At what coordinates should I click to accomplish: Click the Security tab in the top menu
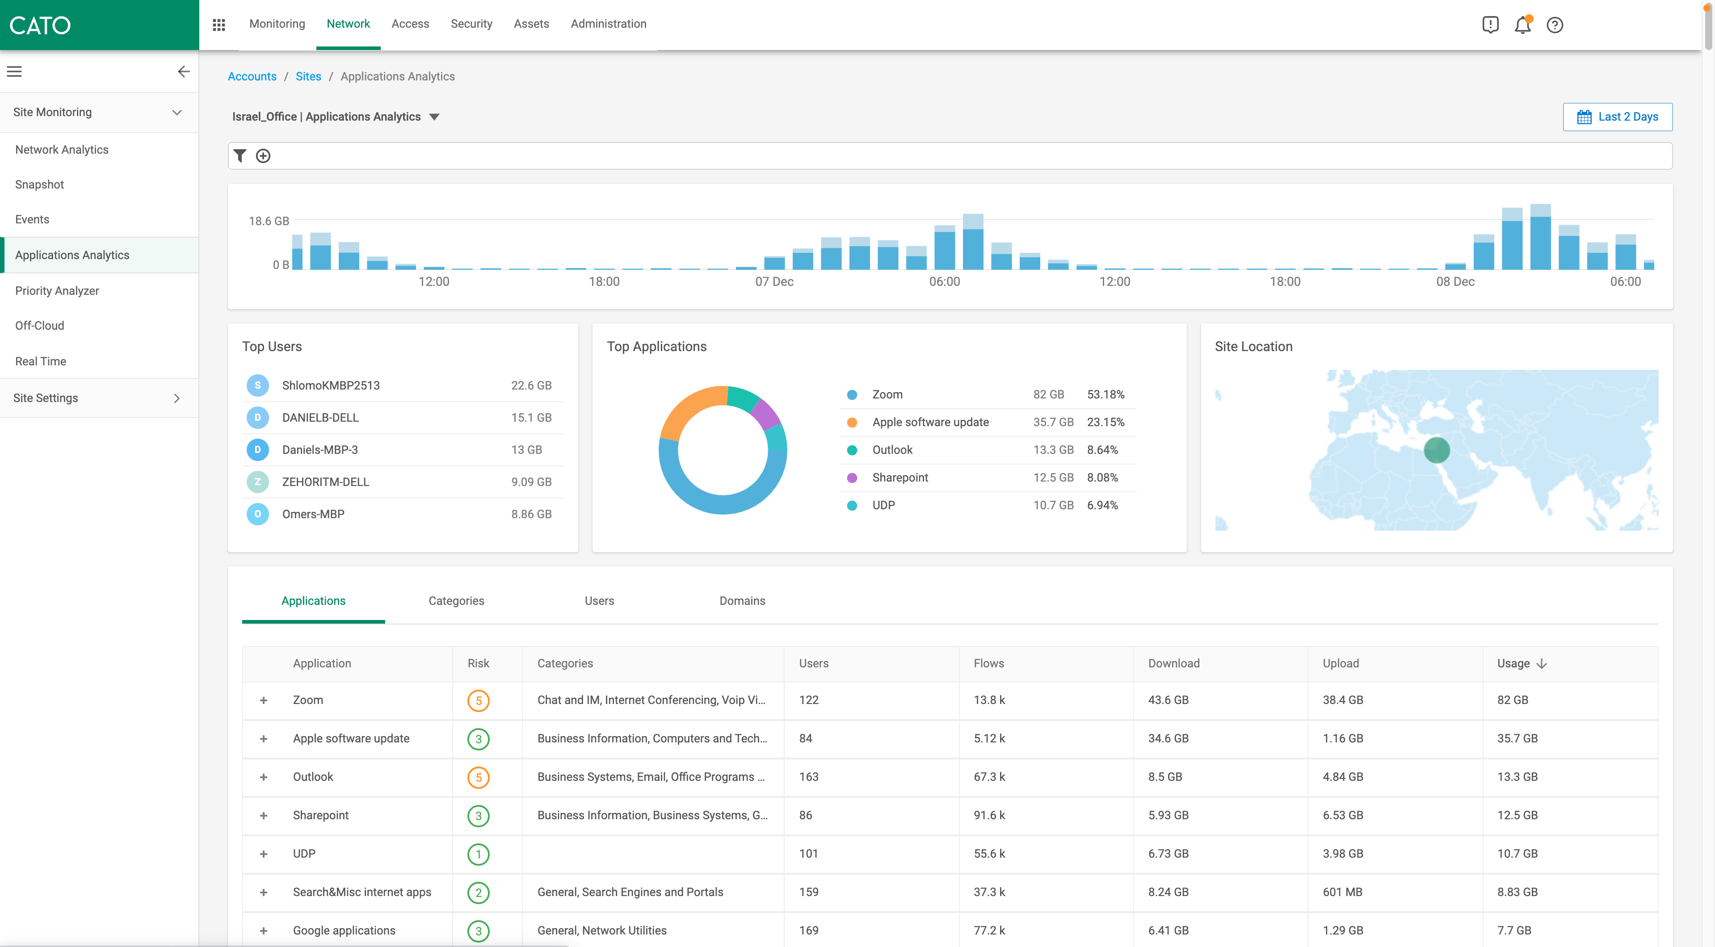click(x=471, y=24)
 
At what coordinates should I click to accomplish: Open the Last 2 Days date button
click(x=1617, y=117)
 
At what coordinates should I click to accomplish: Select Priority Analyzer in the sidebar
click(x=57, y=291)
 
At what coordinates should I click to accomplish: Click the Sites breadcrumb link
click(x=308, y=76)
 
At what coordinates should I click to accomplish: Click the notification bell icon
click(x=1522, y=25)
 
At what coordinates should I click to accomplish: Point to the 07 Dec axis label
click(x=774, y=281)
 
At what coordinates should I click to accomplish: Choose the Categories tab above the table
click(x=456, y=601)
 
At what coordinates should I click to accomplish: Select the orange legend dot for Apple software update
click(x=852, y=423)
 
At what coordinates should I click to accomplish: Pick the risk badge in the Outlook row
click(x=478, y=777)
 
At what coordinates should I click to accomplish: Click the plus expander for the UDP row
click(x=264, y=854)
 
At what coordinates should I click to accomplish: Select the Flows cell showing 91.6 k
click(x=989, y=815)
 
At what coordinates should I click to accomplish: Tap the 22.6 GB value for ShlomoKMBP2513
click(x=530, y=386)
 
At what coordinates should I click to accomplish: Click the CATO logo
click(x=40, y=25)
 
